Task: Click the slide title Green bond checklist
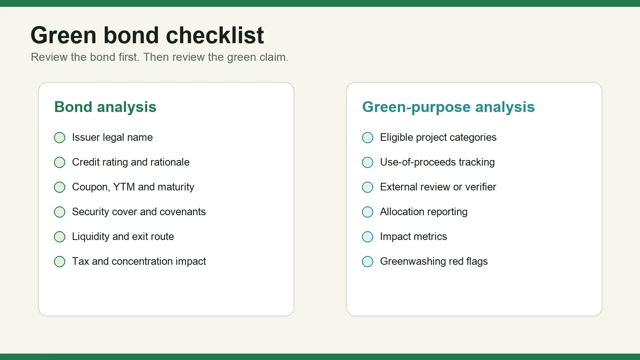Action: [147, 36]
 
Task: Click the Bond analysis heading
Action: [106, 107]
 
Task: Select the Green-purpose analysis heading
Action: [448, 107]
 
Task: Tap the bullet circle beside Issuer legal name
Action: [60, 138]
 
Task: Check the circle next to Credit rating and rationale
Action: [60, 162]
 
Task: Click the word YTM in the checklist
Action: [124, 187]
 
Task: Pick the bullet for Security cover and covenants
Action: [60, 212]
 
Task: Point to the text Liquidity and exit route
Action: [123, 236]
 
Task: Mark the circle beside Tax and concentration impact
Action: [60, 262]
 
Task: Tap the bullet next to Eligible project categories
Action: [368, 138]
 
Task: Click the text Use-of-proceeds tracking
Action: [437, 162]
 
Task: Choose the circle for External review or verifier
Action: [368, 187]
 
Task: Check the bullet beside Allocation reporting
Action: [368, 212]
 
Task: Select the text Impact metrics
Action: [414, 236]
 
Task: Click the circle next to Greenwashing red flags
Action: [368, 262]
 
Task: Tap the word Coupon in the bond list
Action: [91, 187]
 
